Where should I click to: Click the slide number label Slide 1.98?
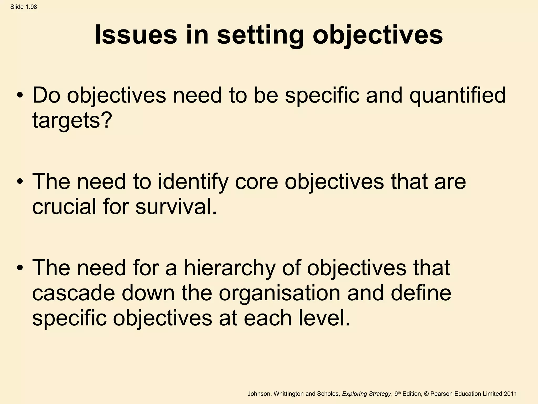click(24, 7)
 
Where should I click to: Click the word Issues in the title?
click(136, 35)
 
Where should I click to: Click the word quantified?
click(457, 95)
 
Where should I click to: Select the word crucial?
click(64, 206)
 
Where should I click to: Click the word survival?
click(176, 206)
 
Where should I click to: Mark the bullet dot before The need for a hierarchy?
click(20, 268)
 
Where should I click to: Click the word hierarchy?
click(230, 268)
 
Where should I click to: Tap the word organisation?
click(280, 293)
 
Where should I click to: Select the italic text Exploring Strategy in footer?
click(367, 394)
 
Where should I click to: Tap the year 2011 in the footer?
click(510, 394)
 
